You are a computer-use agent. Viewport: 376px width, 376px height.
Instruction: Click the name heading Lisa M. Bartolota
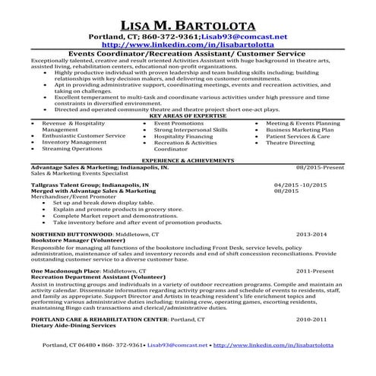tap(188, 23)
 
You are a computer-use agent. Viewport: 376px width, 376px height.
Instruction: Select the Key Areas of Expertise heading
tap(188, 116)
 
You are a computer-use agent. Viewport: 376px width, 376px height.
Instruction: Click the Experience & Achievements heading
tap(188, 162)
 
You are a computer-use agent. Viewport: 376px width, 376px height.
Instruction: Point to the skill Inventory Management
tap(74, 142)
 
